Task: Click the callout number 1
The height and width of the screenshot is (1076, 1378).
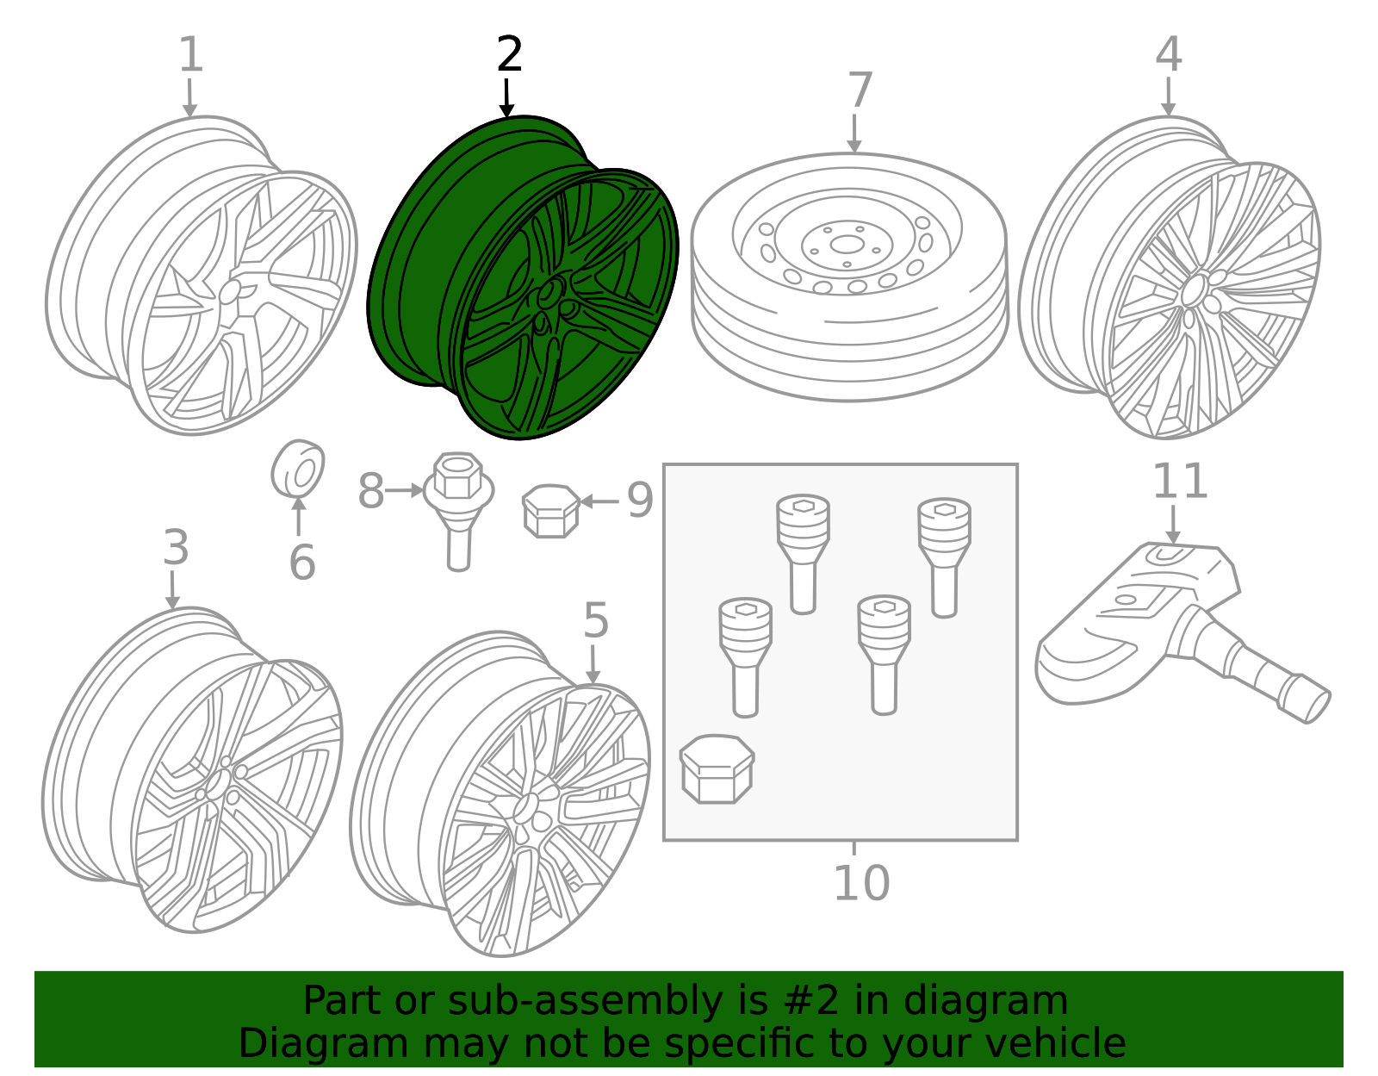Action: coord(191,54)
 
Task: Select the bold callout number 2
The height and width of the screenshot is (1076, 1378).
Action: coord(509,54)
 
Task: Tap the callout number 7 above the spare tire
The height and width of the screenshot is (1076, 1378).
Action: coord(860,90)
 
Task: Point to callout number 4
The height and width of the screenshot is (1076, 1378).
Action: coord(1169,54)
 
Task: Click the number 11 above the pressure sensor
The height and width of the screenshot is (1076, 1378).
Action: coord(1180,482)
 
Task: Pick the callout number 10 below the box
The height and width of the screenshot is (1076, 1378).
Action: coord(862,883)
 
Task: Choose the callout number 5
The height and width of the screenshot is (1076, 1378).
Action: coord(596,620)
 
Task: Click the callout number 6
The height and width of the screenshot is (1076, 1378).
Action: coord(301,562)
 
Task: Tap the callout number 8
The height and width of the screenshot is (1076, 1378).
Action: coord(371,491)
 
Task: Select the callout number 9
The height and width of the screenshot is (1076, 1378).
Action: coord(640,501)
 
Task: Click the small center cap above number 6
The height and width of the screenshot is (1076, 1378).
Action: coord(297,470)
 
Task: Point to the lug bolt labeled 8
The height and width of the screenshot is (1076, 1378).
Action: coord(458,511)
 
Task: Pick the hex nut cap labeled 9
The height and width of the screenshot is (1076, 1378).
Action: coord(550,511)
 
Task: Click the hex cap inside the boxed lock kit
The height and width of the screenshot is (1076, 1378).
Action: coord(717,769)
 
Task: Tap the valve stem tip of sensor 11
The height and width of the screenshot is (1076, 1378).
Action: coord(1317,706)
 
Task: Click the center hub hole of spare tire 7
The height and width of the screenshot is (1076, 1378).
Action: coord(847,245)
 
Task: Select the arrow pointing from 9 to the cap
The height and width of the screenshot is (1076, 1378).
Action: coord(599,501)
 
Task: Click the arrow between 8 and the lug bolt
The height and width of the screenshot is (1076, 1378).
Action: coord(405,490)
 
